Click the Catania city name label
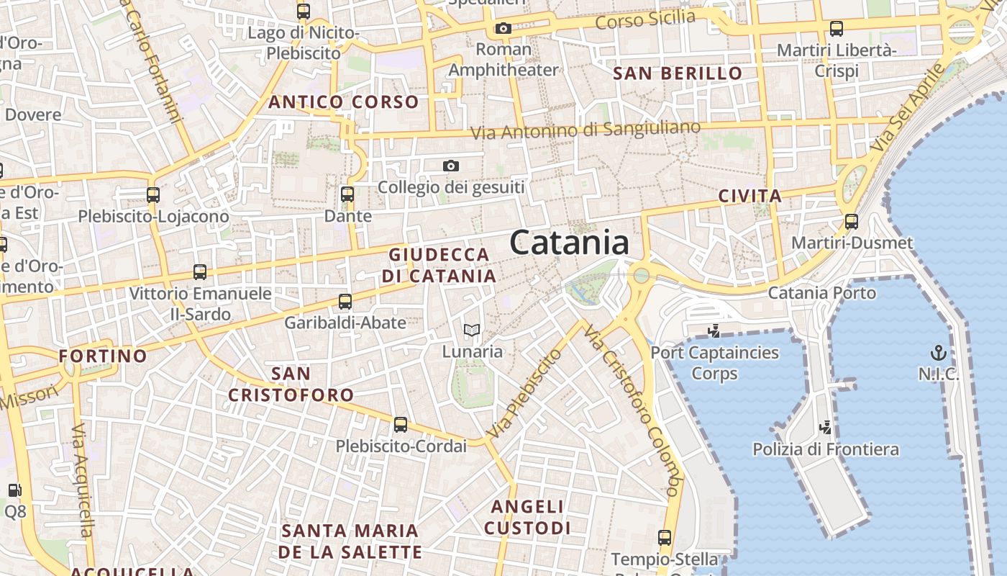coord(569,243)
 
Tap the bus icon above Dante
coord(347,194)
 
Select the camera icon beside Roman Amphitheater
coord(503,29)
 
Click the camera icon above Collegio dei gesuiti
coord(451,166)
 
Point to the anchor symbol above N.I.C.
coord(938,352)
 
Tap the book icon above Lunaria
coord(472,330)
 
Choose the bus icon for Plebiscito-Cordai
coord(401,425)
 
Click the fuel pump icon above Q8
coord(14,490)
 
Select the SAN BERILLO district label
coord(677,73)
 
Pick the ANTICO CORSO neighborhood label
coord(343,102)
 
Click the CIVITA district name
coord(750,196)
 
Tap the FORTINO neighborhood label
coord(103,356)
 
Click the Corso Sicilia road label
coord(645,20)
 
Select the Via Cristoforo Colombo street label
coord(632,410)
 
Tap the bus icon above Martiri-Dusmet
coord(852,221)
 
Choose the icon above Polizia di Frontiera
coord(826,428)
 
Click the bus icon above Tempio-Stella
coord(665,537)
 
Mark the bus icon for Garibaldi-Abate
coord(345,302)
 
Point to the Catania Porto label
coord(822,293)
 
